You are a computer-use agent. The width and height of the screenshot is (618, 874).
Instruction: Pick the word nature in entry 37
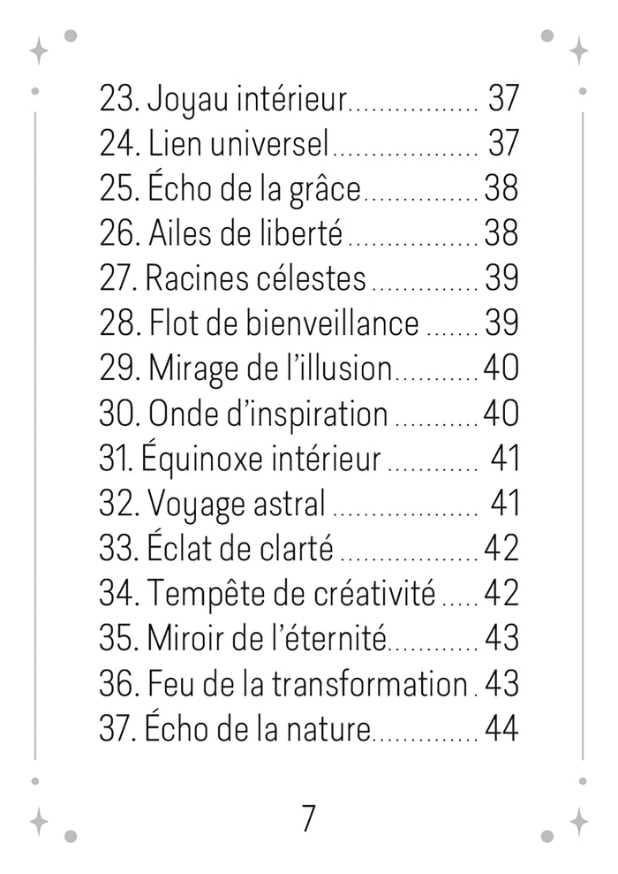click(x=328, y=729)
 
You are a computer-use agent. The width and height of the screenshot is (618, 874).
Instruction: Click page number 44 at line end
click(x=501, y=729)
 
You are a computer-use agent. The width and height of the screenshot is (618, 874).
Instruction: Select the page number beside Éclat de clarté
click(x=501, y=549)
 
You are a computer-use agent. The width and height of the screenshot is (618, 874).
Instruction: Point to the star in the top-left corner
click(x=39, y=50)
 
